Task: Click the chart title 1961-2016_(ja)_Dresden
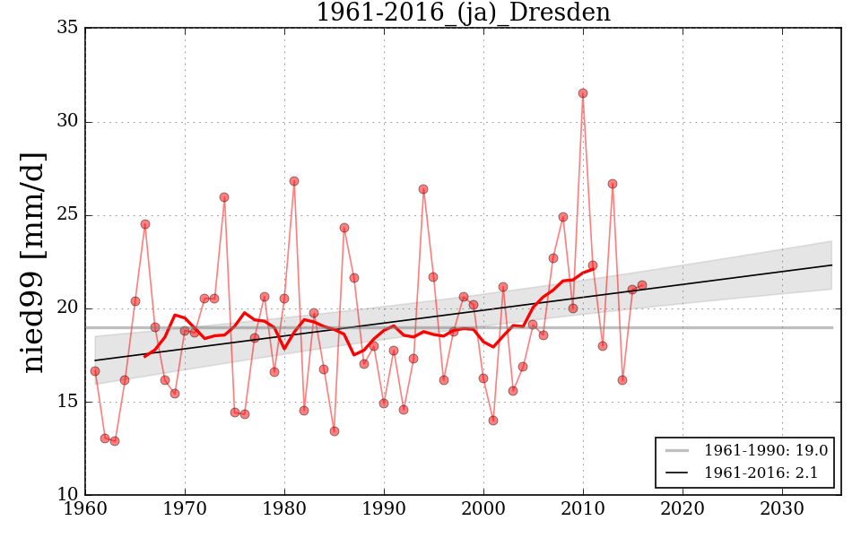[463, 13]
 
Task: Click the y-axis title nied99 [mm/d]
[34, 262]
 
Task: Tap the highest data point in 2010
[583, 93]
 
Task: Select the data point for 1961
[95, 371]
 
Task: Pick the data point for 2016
[642, 285]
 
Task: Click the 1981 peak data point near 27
[294, 181]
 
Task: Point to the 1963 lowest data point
[115, 441]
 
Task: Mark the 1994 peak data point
[423, 189]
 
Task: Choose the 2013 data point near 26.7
[613, 184]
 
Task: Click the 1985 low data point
[335, 431]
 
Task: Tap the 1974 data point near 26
[224, 197]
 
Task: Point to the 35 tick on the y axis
[67, 28]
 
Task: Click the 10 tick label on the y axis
[67, 495]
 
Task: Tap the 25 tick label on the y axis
[67, 215]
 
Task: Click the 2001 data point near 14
[493, 421]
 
